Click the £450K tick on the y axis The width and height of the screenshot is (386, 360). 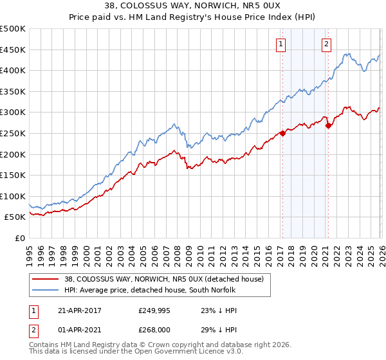click(x=13, y=50)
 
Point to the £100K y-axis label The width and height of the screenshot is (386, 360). click(x=13, y=196)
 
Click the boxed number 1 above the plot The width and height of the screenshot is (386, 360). click(x=282, y=44)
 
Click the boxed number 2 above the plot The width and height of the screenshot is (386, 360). click(x=327, y=44)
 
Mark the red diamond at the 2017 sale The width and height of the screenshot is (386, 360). click(x=282, y=134)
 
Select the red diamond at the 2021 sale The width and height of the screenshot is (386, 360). click(x=328, y=126)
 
